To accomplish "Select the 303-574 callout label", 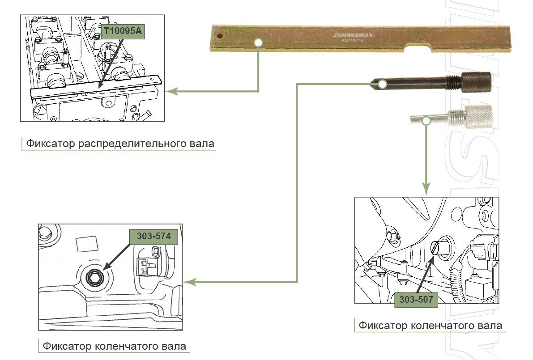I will click(x=154, y=237).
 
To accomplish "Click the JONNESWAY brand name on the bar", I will click(x=353, y=34).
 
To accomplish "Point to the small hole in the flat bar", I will click(x=220, y=35).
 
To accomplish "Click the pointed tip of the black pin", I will click(x=371, y=83).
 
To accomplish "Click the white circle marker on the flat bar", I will click(x=258, y=42).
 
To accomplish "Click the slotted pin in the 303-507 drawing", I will click(x=437, y=247).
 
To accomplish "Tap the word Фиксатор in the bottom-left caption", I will click(x=67, y=346).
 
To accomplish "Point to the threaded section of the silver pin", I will click(x=457, y=118).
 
